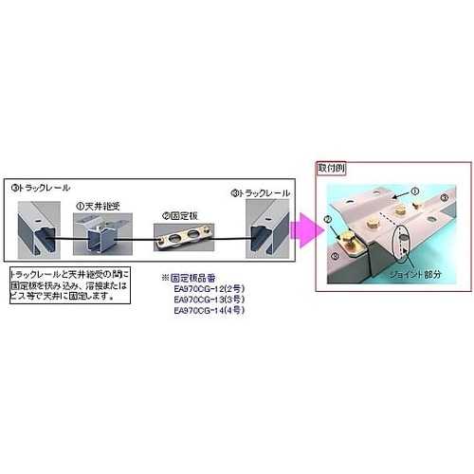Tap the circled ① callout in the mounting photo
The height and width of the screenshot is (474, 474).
pos(413,190)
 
